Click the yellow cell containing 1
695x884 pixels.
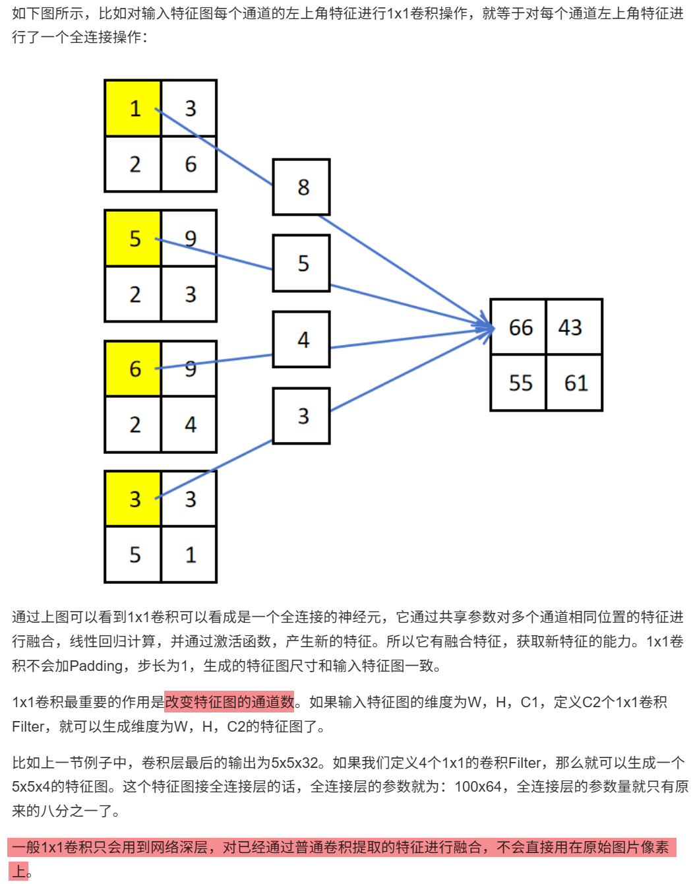(133, 108)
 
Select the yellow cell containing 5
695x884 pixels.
(133, 238)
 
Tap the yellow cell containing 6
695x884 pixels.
(133, 368)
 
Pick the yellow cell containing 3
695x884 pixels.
(133, 499)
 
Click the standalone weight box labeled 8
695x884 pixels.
(301, 187)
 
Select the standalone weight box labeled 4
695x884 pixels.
(301, 340)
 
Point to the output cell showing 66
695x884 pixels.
(519, 327)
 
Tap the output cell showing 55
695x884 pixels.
(519, 383)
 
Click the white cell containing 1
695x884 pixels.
(189, 554)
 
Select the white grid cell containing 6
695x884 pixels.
(189, 164)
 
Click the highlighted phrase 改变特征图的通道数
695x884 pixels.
(229, 702)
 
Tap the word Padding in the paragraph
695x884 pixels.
(95, 666)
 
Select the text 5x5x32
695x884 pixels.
(296, 763)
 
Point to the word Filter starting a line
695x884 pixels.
(27, 726)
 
